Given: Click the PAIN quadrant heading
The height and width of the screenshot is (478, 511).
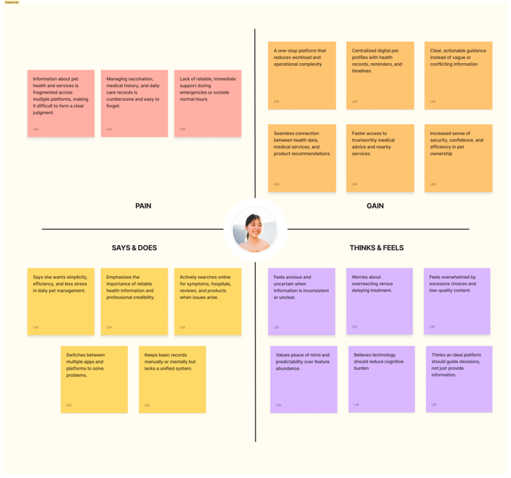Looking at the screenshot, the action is point(143,206).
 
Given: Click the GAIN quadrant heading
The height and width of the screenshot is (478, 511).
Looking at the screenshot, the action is point(375,206).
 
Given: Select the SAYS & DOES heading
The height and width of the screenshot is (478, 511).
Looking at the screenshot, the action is point(134,248).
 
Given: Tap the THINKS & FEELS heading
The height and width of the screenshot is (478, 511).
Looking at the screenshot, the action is point(376,248).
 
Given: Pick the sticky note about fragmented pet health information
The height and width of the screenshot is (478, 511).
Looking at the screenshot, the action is point(61,103).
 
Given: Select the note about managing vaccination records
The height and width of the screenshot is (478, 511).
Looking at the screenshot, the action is point(134,103).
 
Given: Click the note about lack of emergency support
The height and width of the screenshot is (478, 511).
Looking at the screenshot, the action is point(208,103).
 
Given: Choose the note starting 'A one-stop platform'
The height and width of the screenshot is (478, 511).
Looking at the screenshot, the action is point(302,75).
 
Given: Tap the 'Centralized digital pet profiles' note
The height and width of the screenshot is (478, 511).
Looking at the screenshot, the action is point(380,75).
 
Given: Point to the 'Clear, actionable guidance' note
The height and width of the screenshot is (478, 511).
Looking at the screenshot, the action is point(459,75).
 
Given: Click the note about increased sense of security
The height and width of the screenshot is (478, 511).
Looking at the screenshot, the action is point(459,158).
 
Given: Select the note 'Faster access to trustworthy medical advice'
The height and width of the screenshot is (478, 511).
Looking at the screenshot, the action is point(380,158).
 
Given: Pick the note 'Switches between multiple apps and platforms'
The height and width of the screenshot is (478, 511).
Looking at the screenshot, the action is point(94,379).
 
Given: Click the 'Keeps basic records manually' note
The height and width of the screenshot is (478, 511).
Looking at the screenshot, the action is point(173,379).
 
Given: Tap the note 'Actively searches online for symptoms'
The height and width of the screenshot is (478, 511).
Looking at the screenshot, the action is point(208,301).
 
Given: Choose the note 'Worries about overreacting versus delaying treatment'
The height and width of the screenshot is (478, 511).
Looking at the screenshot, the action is point(380,301).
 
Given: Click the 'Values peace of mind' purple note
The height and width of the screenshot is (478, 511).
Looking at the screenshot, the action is point(303,379).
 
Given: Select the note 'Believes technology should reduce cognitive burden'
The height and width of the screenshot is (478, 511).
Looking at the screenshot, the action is point(382,379).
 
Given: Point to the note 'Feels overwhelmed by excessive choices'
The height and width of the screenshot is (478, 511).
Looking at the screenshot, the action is point(457,301).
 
